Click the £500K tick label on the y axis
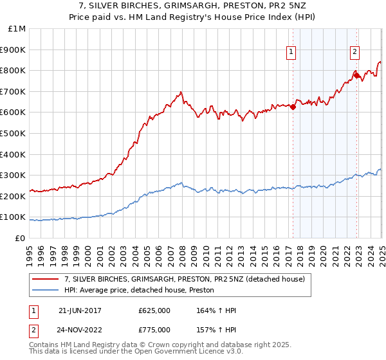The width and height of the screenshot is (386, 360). pos(14,133)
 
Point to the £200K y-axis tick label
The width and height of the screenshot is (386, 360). pos(14,196)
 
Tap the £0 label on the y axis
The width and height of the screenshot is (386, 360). pos(20,238)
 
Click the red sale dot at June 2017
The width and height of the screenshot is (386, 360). pos(293,107)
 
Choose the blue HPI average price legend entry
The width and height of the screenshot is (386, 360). pos(143,291)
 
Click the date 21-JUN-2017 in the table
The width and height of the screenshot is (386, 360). pos(81,310)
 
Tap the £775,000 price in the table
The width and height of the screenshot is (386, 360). pos(154,330)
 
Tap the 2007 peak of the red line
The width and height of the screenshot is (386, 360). pos(181,92)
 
